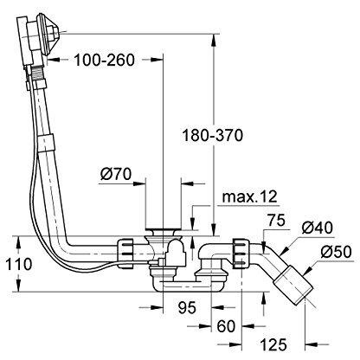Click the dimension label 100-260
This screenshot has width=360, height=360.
click(x=105, y=60)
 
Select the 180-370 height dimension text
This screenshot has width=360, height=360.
click(x=213, y=136)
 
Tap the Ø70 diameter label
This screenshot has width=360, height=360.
click(x=116, y=174)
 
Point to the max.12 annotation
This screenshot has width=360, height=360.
click(x=250, y=196)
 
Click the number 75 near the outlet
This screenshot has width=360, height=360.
click(x=276, y=221)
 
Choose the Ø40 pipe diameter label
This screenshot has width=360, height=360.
click(x=318, y=228)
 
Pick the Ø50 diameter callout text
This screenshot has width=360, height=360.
click(x=336, y=252)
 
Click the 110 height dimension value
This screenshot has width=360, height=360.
click(x=19, y=264)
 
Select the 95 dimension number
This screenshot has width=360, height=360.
click(x=187, y=307)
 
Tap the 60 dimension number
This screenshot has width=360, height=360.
click(x=226, y=326)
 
